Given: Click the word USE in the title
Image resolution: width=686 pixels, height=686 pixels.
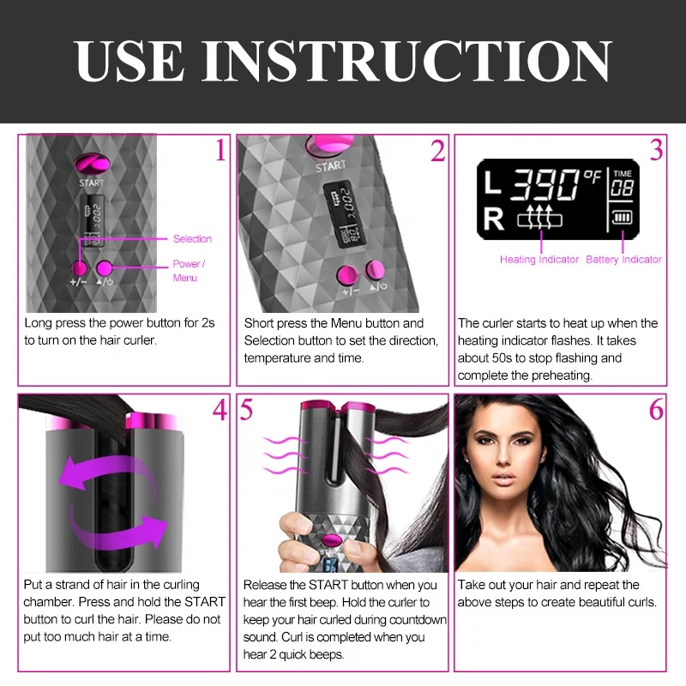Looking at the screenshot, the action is click(x=129, y=61).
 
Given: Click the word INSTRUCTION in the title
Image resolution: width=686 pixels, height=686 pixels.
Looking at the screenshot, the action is click(x=406, y=61).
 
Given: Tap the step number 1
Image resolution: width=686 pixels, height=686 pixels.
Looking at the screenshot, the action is click(x=220, y=149).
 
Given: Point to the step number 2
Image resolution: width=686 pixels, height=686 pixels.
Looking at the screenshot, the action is click(x=437, y=151).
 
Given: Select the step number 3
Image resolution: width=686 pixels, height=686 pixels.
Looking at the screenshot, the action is click(x=656, y=149).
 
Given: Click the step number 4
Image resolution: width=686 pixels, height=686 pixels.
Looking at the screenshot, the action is click(x=220, y=410).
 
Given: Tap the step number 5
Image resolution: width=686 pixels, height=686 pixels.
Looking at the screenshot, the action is click(x=246, y=410).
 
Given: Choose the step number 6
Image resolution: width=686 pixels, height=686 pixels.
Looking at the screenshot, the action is click(x=656, y=410).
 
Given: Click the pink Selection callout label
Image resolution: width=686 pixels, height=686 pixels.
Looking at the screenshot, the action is click(x=192, y=239).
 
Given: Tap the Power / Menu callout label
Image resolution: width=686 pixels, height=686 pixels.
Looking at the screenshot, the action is click(x=189, y=271).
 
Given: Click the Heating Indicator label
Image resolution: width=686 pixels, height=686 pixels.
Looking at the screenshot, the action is click(x=539, y=260).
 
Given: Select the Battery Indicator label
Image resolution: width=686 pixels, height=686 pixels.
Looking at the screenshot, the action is click(x=623, y=260).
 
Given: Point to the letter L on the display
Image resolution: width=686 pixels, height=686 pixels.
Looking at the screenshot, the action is click(x=493, y=183).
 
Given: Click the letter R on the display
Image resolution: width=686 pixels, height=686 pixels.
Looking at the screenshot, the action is click(x=494, y=219).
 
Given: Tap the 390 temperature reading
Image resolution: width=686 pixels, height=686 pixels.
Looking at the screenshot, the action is click(x=545, y=184).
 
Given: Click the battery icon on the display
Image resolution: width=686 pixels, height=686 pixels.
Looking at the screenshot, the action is click(x=622, y=217).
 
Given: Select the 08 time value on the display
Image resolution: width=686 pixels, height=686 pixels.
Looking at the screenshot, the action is click(x=623, y=188).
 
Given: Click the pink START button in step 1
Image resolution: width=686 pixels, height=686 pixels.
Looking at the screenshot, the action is click(x=92, y=164).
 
